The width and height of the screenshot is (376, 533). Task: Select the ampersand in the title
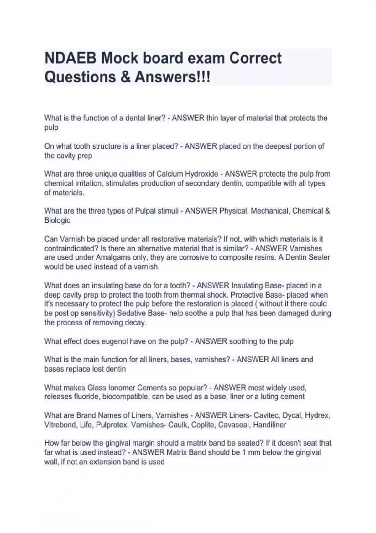[x=125, y=77]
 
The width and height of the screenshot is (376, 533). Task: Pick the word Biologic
[x=57, y=220]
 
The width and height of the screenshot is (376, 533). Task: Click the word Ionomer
[x=120, y=388]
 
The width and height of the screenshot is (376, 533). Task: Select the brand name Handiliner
[x=270, y=425]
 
